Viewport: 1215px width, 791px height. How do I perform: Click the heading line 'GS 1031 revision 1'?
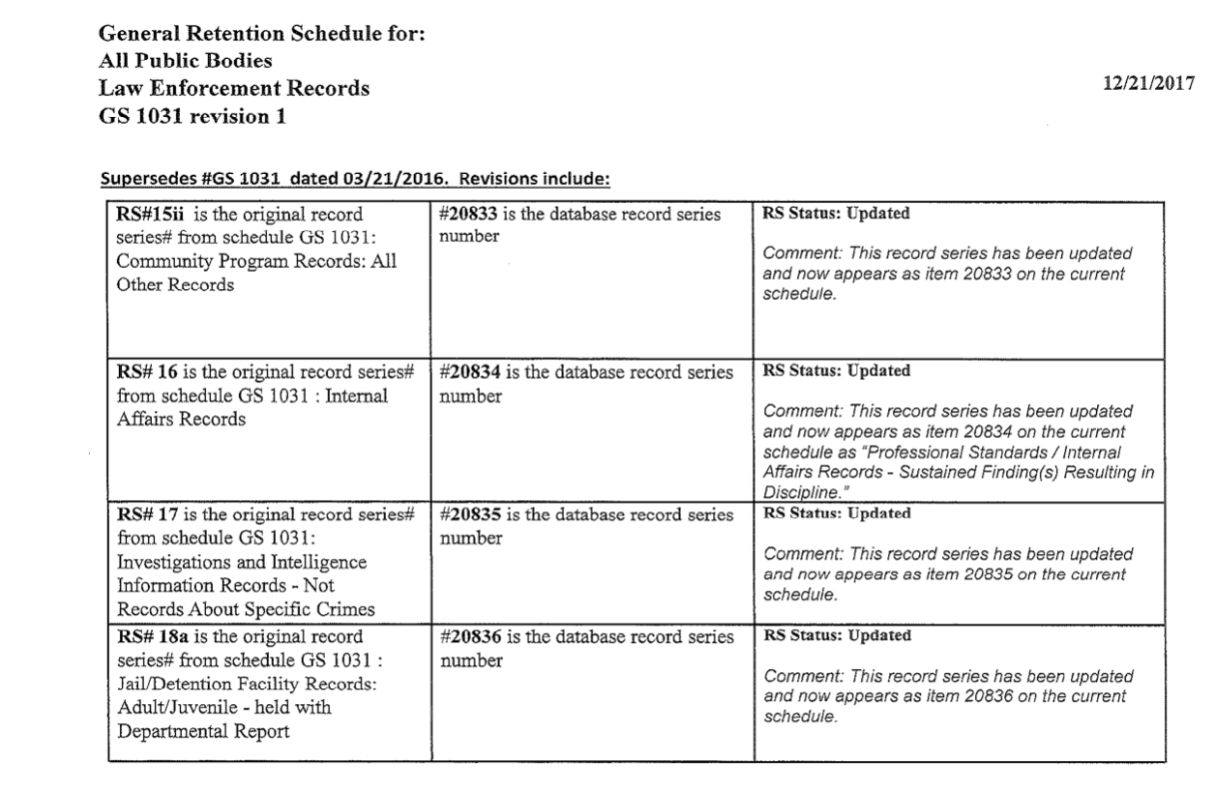[192, 118]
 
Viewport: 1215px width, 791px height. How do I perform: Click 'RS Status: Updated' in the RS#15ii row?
[836, 214]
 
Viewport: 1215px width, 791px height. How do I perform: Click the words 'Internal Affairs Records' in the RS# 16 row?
[252, 407]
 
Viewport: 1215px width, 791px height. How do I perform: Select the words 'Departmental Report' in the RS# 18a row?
[204, 731]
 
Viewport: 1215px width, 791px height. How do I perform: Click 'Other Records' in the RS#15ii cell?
[175, 285]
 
